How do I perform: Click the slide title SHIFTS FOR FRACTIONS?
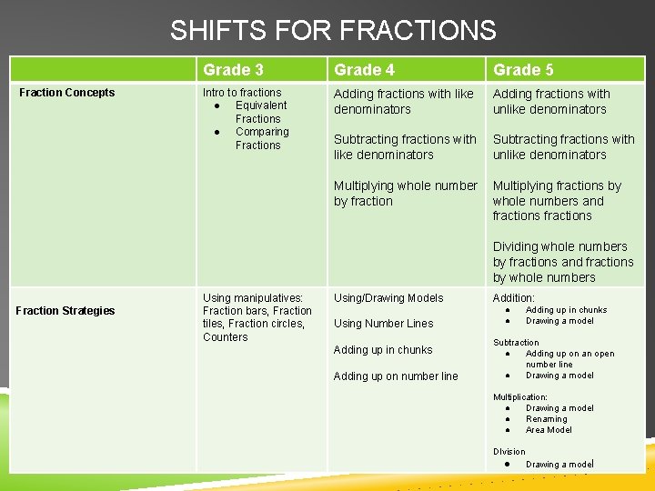click(x=333, y=31)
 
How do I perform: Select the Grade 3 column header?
click(x=233, y=70)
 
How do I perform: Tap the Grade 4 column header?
click(x=364, y=70)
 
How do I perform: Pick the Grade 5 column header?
click(x=523, y=70)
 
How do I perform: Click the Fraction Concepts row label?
click(x=66, y=93)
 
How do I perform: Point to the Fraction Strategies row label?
click(x=65, y=311)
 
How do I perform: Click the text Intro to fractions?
click(x=242, y=93)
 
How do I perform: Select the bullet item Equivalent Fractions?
click(x=260, y=112)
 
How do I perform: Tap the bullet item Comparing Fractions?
click(x=261, y=138)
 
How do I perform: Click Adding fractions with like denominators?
click(x=403, y=102)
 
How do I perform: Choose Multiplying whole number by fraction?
click(x=405, y=193)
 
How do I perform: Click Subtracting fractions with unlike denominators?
click(x=563, y=146)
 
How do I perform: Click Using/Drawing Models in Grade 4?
click(x=388, y=298)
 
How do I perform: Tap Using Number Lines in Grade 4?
click(x=383, y=324)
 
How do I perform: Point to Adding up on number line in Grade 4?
click(x=396, y=376)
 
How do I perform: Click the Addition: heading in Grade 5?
click(x=513, y=298)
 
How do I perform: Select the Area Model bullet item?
click(x=549, y=430)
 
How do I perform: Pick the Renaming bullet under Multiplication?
click(x=546, y=419)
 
